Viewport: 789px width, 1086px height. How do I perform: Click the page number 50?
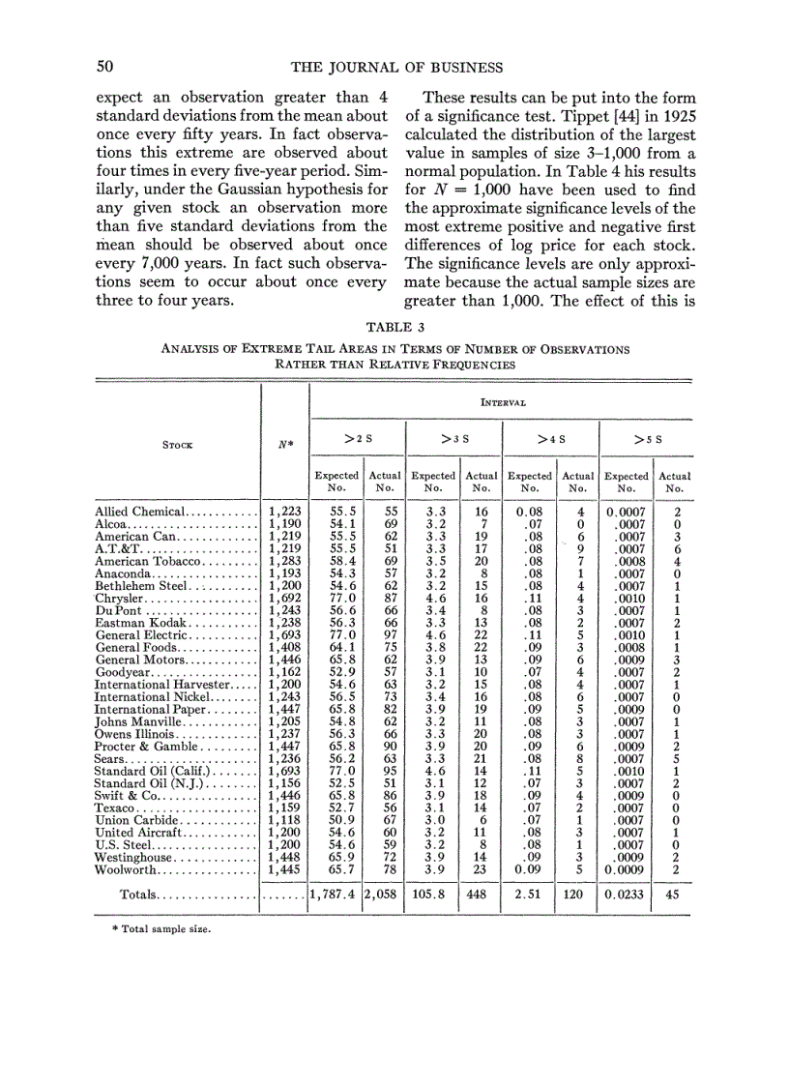click(x=105, y=67)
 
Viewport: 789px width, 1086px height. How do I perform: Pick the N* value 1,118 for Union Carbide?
click(x=284, y=823)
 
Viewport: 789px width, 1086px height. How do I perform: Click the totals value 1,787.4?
click(x=333, y=895)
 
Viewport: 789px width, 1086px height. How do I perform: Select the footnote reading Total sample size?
click(x=161, y=929)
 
